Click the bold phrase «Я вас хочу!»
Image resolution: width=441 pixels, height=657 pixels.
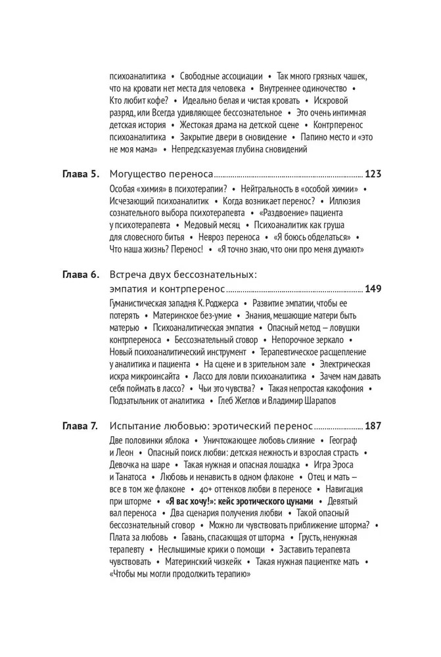click(x=192, y=501)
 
